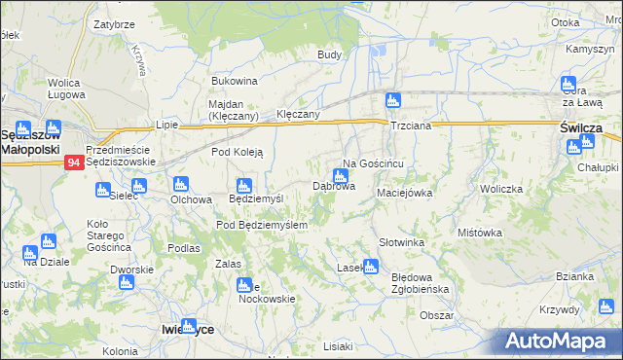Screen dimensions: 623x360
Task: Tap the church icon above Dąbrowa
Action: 340,176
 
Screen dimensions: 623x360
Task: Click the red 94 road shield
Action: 74,163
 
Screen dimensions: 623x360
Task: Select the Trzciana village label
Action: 410,127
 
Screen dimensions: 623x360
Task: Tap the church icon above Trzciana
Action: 392,99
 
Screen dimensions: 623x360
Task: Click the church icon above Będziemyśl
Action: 244,185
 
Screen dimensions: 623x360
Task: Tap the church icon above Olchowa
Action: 179,184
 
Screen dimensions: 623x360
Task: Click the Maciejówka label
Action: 404,193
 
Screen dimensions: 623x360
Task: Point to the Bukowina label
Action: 234,81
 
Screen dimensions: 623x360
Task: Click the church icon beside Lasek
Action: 370,266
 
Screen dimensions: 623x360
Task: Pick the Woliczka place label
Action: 501,189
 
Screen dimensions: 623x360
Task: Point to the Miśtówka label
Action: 479,233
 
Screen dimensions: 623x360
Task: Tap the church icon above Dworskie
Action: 125,282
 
